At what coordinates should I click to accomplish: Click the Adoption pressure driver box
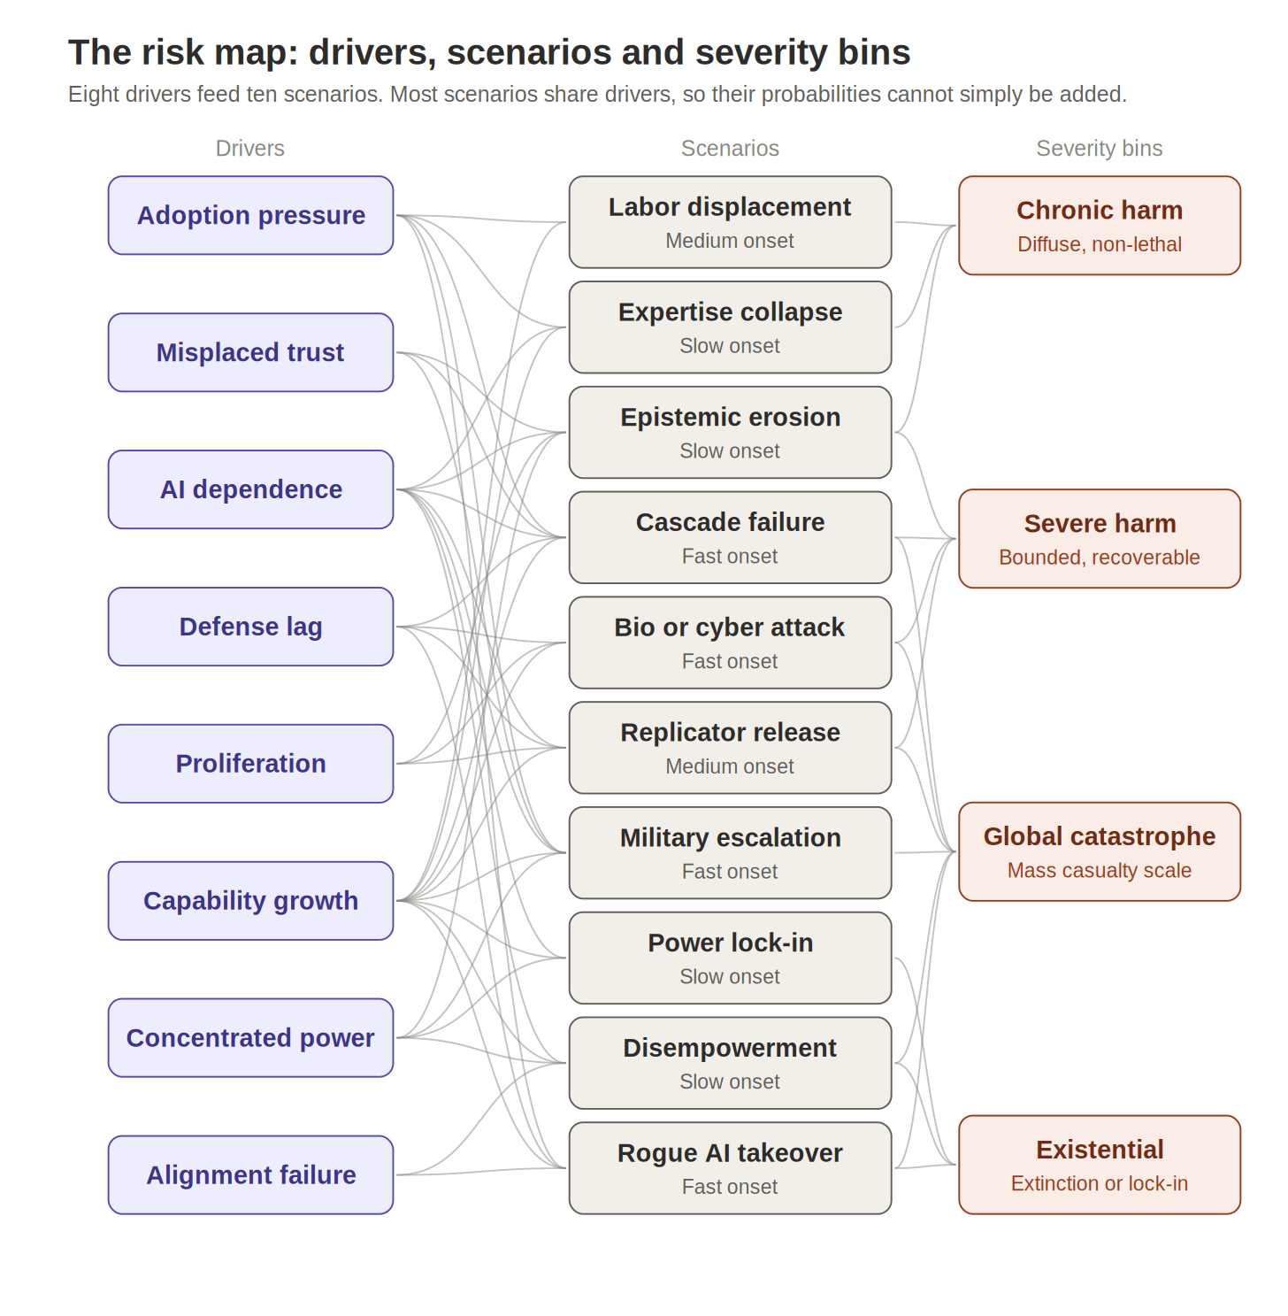250,215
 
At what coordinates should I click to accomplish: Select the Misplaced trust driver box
250,352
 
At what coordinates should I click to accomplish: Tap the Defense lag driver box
250,627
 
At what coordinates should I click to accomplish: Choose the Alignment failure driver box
250,1174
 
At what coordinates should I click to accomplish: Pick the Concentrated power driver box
250,1037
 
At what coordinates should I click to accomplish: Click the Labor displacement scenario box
730,222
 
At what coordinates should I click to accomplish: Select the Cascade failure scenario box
730,537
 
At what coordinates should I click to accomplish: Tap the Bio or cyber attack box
730,643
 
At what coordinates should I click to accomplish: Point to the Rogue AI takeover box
730,1168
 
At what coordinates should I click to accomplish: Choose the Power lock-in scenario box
730,958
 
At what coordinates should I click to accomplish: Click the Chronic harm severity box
1100,225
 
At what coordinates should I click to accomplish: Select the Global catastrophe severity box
1100,851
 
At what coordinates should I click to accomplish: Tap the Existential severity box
1100,1165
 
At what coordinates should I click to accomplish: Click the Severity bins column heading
1100,149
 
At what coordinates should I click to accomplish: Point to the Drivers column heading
250,149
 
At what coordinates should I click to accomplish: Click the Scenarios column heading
730,149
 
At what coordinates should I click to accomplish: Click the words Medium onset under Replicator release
730,766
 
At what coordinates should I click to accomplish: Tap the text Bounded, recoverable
1100,558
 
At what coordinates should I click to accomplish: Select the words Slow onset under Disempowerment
730,1081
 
